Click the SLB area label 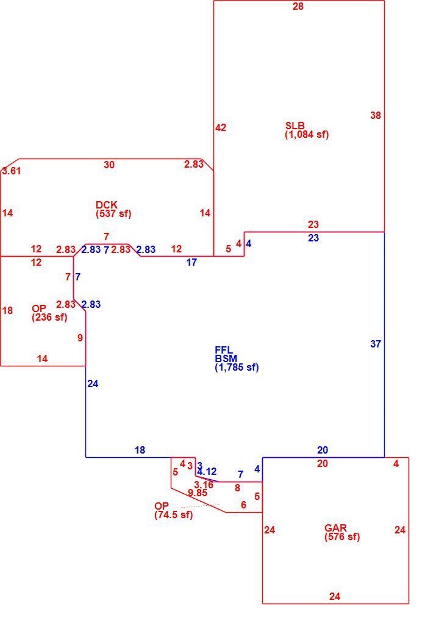tap(294, 126)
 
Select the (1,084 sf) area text tap(307, 135)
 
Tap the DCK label tap(106, 205)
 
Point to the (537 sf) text tap(113, 213)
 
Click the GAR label tap(335, 528)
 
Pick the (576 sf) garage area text tap(342, 537)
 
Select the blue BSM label tap(226, 358)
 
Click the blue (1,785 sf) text tap(237, 368)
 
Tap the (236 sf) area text tap(49, 318)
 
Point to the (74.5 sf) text tap(173, 515)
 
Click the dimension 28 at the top tap(298, 7)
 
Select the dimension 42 tap(221, 128)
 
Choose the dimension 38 tap(376, 116)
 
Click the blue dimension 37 tap(376, 344)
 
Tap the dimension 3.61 tap(12, 171)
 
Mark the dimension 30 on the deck tap(109, 165)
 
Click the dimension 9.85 tap(198, 493)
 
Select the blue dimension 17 tap(191, 262)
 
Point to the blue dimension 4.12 tap(207, 471)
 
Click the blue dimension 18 tap(140, 450)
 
